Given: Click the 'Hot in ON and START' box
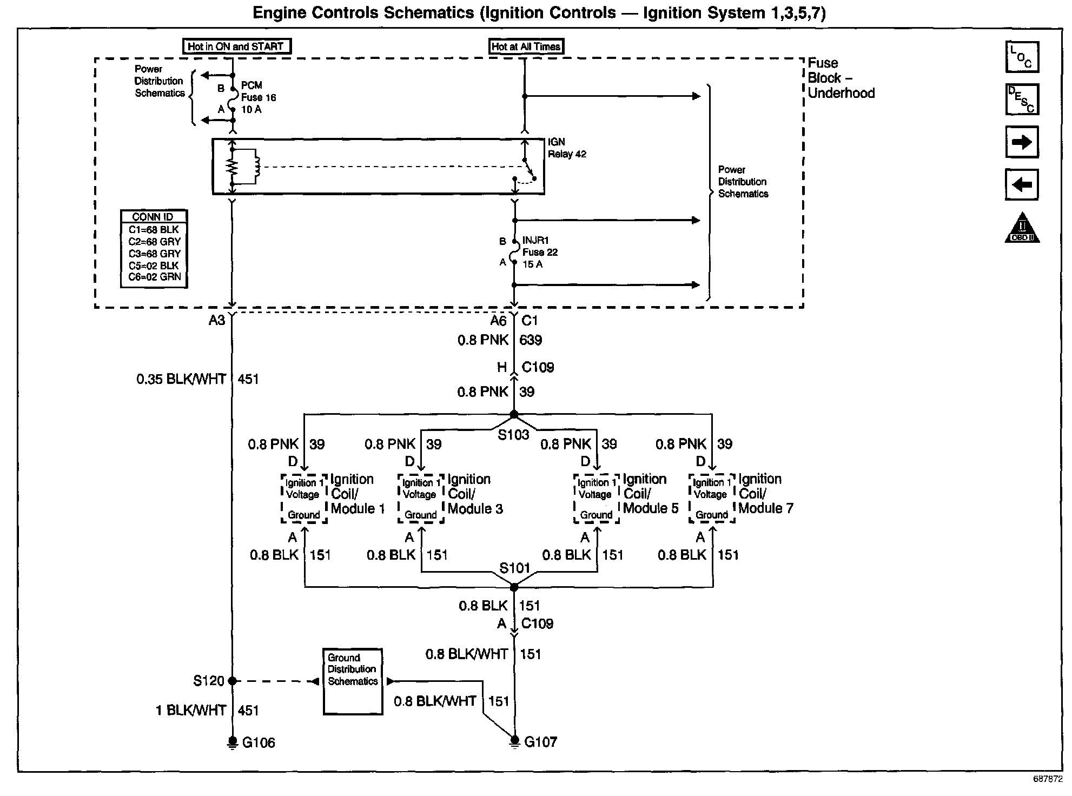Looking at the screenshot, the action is coord(236,47).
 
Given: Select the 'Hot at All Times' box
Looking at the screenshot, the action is coord(526,47).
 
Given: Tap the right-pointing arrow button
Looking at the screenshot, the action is coord(1022,142).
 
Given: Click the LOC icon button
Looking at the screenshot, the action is coord(1022,57).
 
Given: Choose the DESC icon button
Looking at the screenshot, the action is coord(1022,99).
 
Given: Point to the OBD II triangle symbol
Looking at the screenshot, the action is coord(1022,227).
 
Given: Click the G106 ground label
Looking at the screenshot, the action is coord(259,742).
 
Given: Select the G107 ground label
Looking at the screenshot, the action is coord(541,742).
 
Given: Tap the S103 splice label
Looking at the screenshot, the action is coord(513,435).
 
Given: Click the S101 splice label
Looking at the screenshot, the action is coord(514,568).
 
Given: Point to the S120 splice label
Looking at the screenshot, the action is coord(209,681).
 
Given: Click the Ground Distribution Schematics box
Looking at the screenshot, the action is coord(353,681).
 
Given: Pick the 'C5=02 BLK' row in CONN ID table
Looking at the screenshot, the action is coord(154,266).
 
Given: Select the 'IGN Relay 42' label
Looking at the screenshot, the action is coord(567,148).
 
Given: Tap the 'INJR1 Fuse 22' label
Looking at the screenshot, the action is coord(540,246).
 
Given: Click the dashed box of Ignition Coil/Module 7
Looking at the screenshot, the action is coord(712,499).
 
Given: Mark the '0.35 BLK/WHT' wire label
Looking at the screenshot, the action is coord(181,379).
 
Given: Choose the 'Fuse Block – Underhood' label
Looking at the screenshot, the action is coord(841,78).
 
